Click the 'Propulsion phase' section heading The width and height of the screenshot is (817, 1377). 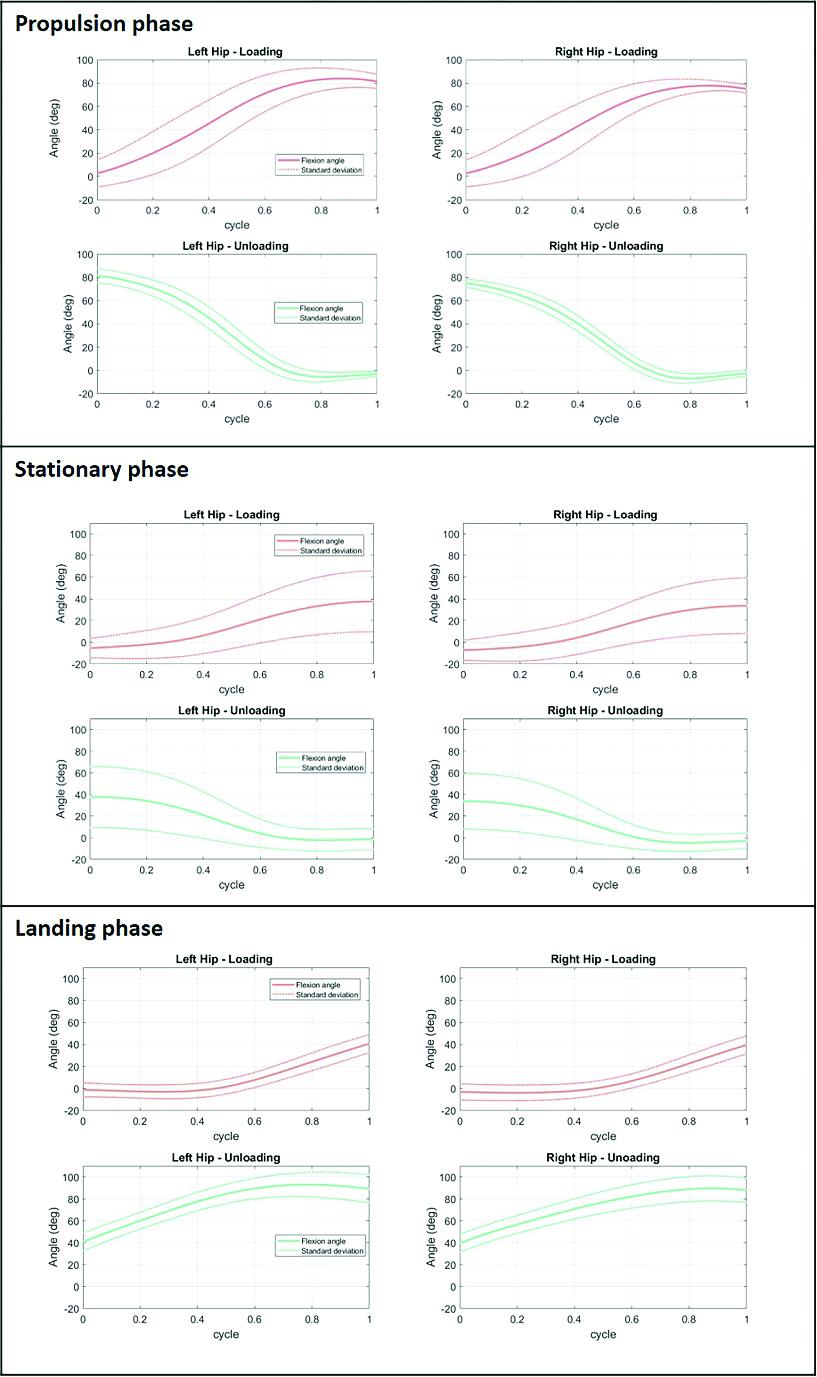coord(104,24)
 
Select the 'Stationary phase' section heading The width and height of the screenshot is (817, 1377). coord(102,469)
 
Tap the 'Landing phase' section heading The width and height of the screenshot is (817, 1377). coord(89,928)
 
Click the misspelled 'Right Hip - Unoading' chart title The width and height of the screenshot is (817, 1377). coord(603,1158)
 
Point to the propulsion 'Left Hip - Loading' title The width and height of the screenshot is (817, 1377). coord(235,52)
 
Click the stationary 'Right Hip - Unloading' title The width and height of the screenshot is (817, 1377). coord(605,711)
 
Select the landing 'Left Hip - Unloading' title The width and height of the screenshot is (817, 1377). coord(226,1158)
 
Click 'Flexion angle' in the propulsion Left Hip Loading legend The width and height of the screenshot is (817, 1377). coord(323,160)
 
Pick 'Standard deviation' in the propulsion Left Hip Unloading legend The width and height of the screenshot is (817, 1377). coord(330,318)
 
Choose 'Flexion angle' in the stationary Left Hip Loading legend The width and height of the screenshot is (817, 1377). coord(322,541)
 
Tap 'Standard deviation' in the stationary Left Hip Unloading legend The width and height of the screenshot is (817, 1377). coord(333,768)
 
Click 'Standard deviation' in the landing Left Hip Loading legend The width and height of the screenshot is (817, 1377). coord(327,995)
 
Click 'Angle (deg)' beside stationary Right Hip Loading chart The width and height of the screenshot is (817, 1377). coord(434,593)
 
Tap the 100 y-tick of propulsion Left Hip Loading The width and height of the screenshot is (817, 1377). coord(85,60)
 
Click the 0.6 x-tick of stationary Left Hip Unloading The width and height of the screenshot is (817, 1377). coord(260,870)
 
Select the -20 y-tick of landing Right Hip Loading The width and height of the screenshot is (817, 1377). coord(448,1111)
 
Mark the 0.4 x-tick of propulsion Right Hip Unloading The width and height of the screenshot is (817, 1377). coord(578,404)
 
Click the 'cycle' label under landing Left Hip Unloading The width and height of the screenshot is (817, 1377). coord(226,1334)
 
